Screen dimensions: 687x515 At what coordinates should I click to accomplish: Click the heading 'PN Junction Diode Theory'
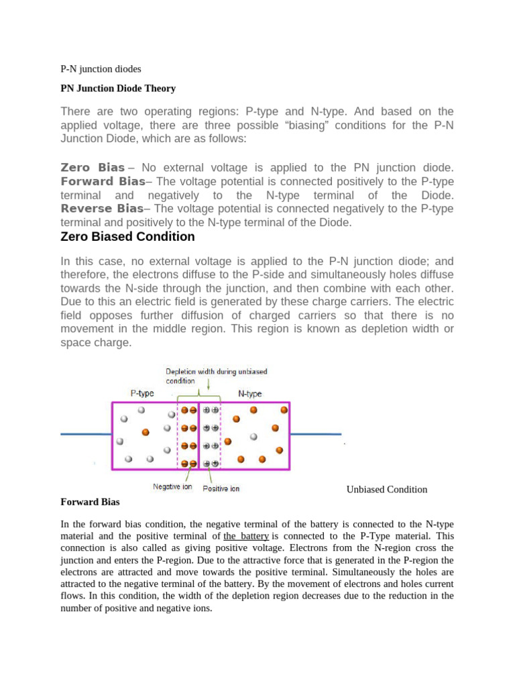point(117,88)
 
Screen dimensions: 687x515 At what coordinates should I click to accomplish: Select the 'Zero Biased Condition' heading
point(127,237)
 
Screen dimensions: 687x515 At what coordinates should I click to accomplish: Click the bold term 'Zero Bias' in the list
point(93,167)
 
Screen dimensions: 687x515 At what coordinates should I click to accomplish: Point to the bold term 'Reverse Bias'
point(102,209)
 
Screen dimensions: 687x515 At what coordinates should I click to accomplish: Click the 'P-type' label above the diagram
point(143,394)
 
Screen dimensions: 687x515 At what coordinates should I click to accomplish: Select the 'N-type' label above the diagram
point(249,394)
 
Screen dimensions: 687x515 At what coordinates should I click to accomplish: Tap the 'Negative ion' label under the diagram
point(176,487)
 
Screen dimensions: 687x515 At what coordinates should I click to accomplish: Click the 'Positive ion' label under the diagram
point(221,488)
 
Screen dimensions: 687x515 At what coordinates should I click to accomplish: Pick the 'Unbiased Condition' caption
point(386,489)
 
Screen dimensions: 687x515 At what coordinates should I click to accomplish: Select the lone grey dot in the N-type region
point(253,437)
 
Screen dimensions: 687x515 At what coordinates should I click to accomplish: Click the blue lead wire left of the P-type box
point(86,434)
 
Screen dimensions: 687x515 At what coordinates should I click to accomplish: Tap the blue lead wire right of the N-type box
point(314,434)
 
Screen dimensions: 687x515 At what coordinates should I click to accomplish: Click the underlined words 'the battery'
point(246,536)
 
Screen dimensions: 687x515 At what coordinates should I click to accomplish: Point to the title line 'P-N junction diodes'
point(101,68)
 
